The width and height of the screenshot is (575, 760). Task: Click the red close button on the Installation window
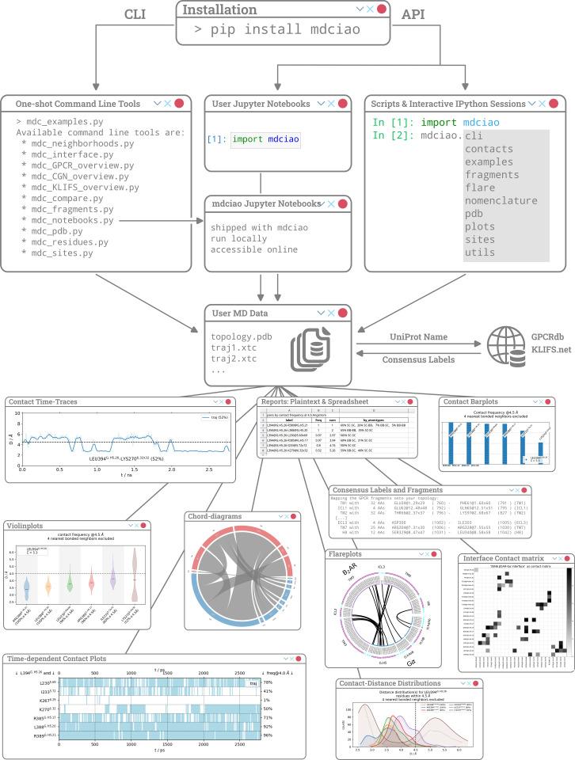click(x=382, y=9)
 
